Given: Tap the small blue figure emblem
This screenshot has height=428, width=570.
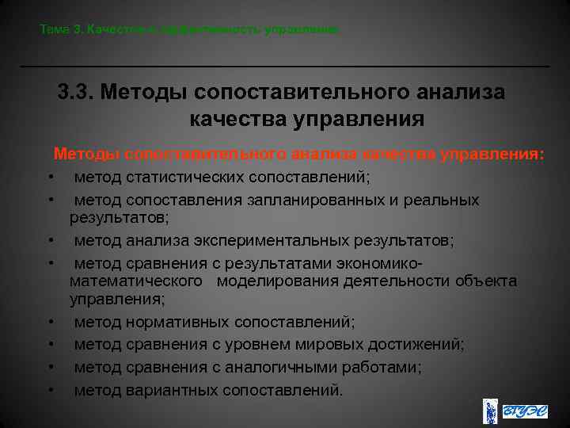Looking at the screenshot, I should [491, 411].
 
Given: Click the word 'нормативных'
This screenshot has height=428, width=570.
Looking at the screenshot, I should [174, 322].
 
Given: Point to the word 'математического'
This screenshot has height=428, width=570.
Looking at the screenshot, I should [136, 281].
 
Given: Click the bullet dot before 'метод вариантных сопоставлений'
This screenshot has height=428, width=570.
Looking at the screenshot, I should [50, 390].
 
